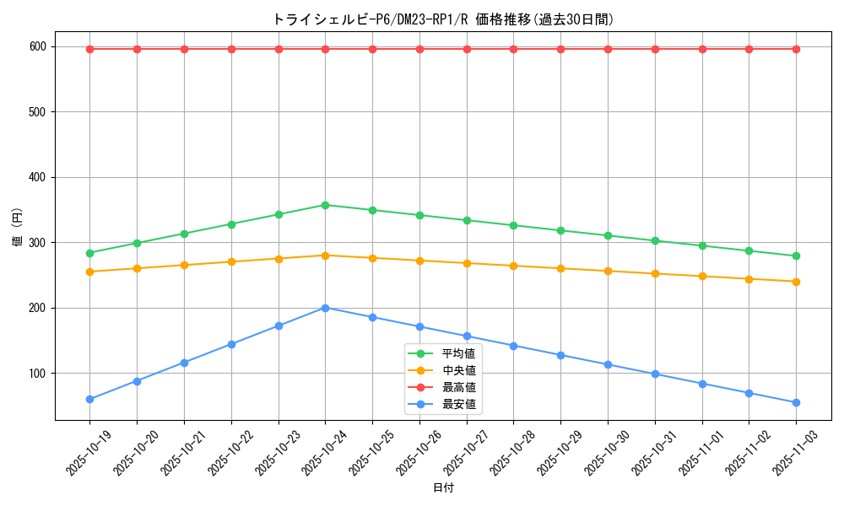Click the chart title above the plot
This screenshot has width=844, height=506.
443,19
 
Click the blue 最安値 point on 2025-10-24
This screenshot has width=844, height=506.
325,308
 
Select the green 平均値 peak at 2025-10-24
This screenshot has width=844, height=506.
325,205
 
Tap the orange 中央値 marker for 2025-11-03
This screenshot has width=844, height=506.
796,282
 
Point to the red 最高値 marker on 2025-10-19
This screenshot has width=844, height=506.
89,49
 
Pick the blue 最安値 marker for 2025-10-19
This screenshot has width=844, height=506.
89,399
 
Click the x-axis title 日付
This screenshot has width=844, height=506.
443,488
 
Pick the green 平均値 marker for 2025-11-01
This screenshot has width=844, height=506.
702,245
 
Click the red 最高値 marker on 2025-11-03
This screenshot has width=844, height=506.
796,49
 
